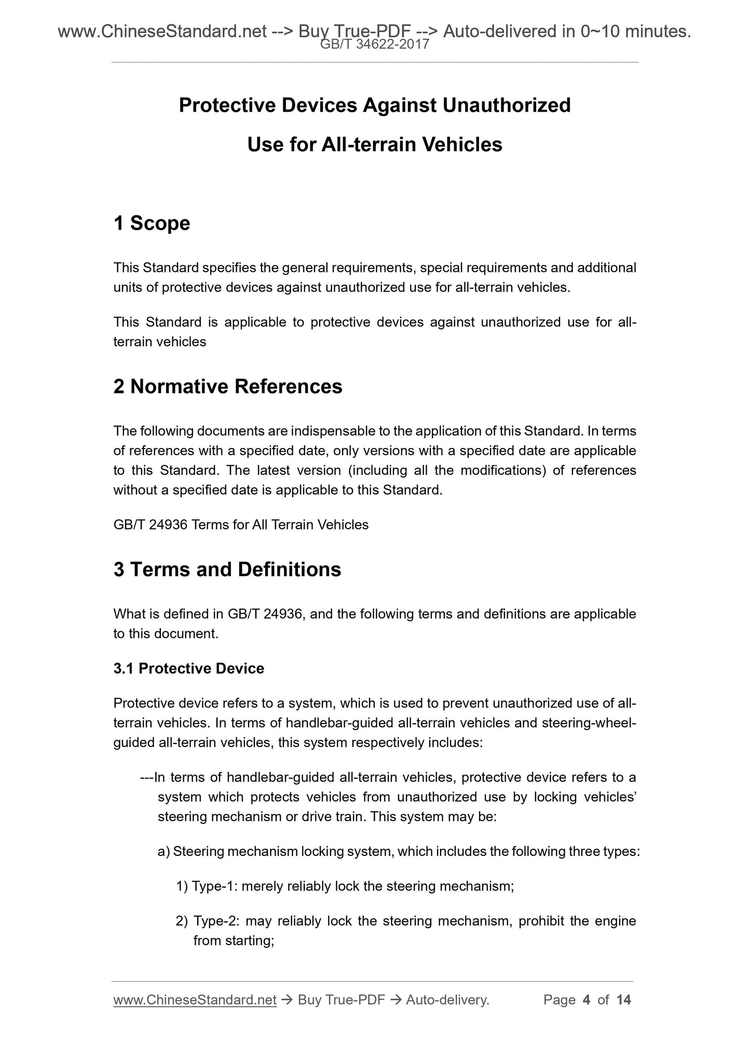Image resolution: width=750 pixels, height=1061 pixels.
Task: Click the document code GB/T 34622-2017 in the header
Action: tap(375, 45)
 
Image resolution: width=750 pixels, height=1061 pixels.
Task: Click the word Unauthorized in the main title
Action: tap(507, 105)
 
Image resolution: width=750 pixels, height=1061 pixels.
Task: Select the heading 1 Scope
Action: tap(152, 223)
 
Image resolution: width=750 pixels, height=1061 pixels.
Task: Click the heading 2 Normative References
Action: tap(228, 387)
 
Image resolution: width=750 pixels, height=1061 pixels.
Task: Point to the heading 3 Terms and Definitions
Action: tap(227, 569)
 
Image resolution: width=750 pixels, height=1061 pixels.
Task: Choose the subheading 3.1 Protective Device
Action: tap(189, 668)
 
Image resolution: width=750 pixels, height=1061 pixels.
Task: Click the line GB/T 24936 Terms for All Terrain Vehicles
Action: tap(241, 525)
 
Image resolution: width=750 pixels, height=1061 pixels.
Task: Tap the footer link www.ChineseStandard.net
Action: tap(195, 1000)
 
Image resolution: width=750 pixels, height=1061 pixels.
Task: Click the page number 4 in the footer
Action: tap(587, 1000)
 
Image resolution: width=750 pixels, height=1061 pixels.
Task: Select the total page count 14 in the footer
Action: tap(623, 1000)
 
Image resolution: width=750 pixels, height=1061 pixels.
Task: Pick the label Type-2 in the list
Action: tap(215, 921)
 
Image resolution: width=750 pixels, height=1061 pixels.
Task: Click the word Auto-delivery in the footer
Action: tap(447, 1000)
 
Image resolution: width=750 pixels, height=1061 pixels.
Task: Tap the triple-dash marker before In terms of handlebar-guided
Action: tap(147, 778)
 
